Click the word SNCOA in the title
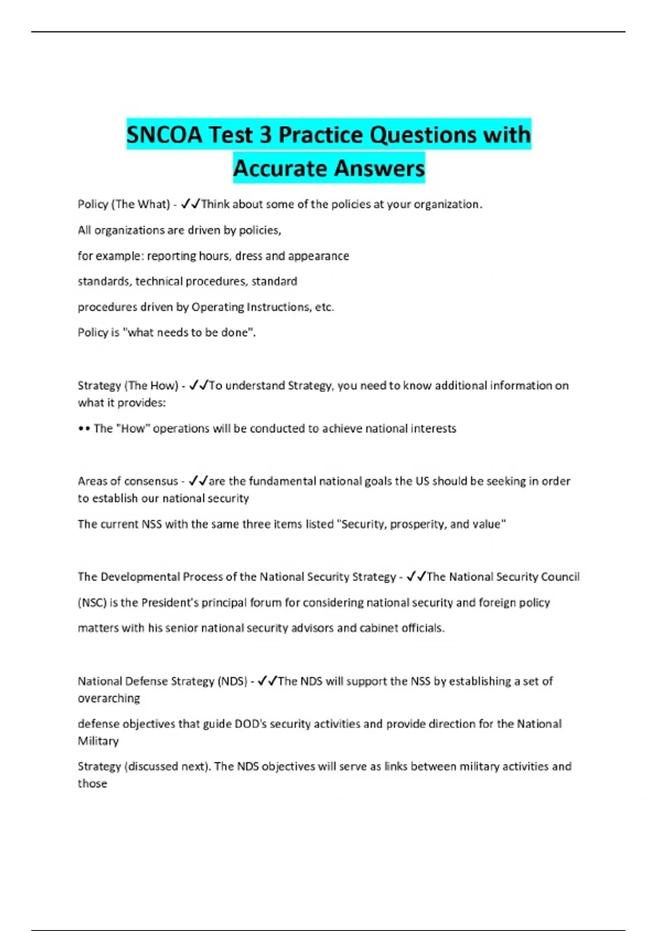pyautogui.click(x=164, y=135)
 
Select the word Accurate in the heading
pyautogui.click(x=278, y=168)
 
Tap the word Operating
pyautogui.click(x=217, y=307)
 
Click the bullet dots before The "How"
pyautogui.click(x=84, y=429)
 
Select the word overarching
pyautogui.click(x=109, y=699)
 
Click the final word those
pyautogui.click(x=93, y=784)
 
